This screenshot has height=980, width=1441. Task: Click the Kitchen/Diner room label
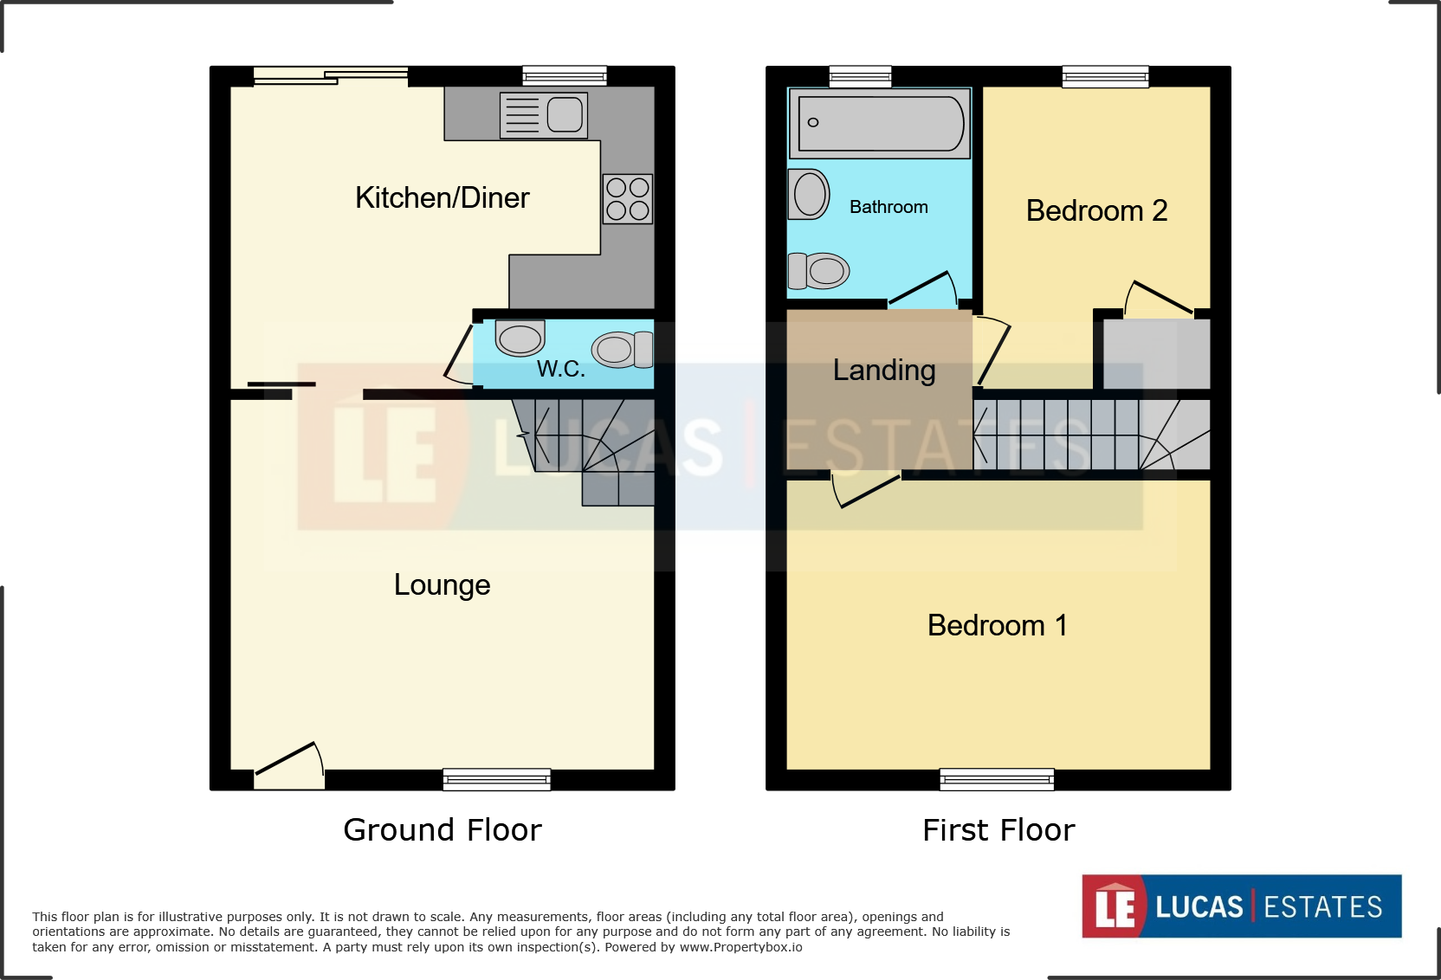[x=442, y=198]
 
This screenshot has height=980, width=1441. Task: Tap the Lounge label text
[x=442, y=585]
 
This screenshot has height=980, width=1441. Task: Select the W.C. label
[x=560, y=369]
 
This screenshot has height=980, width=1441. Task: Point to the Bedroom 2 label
[x=1096, y=210]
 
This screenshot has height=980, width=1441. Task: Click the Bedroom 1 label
[x=997, y=625]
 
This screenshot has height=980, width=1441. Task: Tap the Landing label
[x=883, y=371]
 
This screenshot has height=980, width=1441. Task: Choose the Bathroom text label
[x=889, y=207]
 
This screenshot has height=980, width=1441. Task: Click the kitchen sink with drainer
[x=544, y=115]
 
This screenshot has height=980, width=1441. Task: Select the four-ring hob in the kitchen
[x=628, y=199]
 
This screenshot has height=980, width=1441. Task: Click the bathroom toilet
[x=818, y=271]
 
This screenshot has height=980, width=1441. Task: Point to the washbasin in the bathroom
[x=809, y=194]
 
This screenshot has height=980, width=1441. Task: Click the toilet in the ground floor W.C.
[x=622, y=349]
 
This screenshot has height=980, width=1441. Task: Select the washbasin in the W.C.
[x=520, y=338]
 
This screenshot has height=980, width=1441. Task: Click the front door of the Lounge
[x=289, y=767]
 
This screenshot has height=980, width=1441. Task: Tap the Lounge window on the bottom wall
[x=496, y=779]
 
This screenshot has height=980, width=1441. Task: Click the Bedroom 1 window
[x=997, y=779]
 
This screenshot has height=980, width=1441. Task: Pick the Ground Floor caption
[x=442, y=830]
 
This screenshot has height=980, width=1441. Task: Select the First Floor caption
[x=998, y=830]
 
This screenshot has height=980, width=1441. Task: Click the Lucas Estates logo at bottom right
[x=1241, y=906]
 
